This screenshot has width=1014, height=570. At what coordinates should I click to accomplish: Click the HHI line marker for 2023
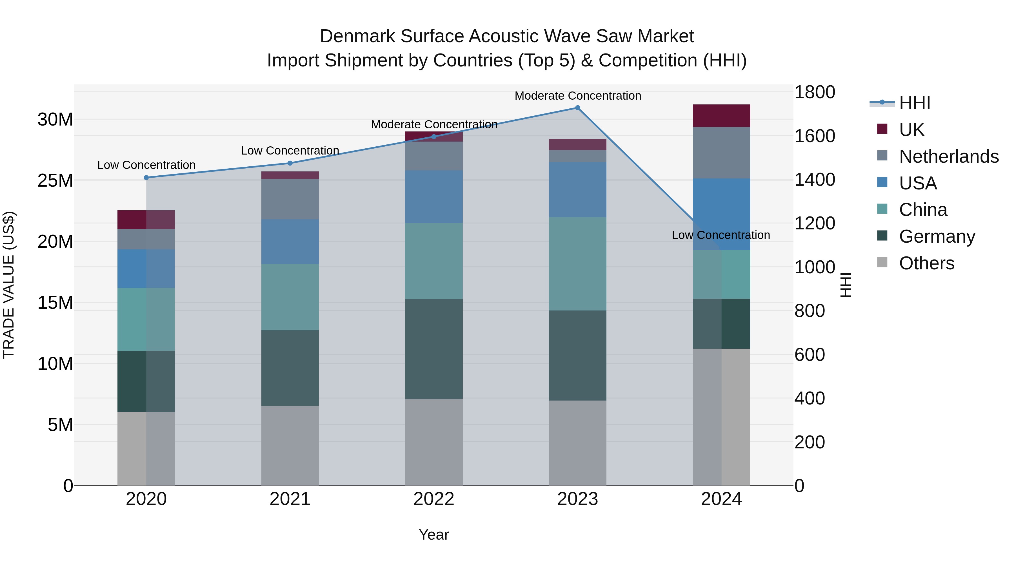577,108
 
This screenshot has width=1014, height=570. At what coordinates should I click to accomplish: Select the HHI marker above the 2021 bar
290,163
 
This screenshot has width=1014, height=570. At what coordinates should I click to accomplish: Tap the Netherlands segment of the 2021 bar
290,199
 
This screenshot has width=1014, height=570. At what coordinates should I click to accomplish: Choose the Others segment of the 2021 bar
290,445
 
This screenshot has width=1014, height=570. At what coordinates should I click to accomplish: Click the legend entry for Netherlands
949,156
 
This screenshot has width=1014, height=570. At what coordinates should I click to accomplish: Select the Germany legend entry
937,236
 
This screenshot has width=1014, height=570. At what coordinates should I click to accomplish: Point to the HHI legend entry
914,103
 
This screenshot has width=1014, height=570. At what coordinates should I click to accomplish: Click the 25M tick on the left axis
55,180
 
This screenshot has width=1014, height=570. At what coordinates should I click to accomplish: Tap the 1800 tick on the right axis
814,92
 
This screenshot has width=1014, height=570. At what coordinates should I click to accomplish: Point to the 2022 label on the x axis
434,499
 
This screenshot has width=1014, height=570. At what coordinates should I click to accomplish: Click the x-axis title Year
434,535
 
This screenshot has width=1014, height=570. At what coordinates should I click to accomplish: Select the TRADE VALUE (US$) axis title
9,285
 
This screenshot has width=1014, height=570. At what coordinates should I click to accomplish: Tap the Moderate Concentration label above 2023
577,96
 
